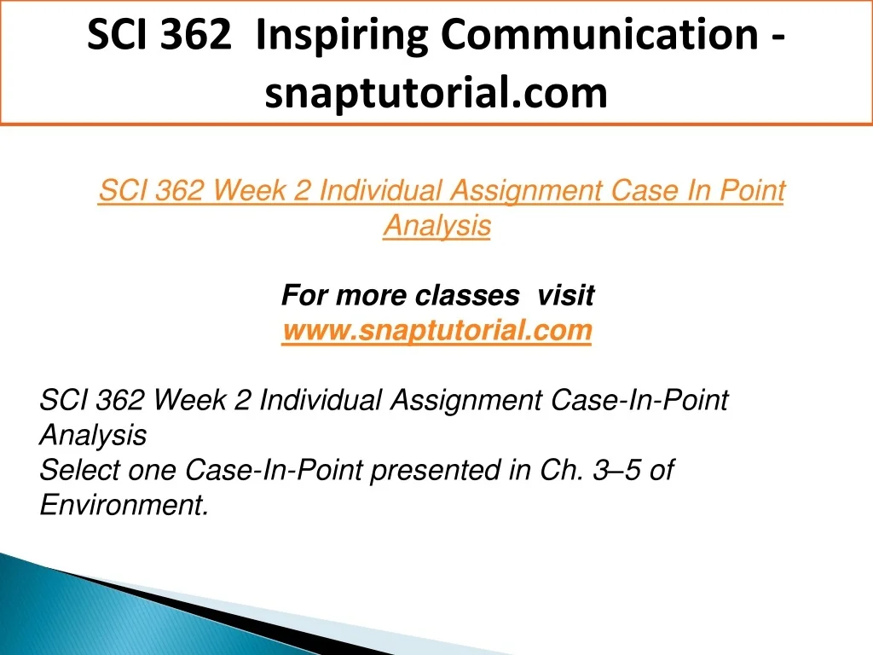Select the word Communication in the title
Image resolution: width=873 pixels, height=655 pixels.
599,34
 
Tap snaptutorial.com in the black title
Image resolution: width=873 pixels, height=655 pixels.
436,93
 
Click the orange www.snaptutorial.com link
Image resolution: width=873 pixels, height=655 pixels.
436,331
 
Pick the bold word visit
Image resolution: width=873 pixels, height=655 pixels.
566,294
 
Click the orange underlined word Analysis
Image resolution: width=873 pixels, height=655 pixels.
437,226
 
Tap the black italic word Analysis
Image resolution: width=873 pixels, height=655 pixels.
93,436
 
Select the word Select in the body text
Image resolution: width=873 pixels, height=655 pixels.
79,470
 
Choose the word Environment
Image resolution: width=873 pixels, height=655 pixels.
124,505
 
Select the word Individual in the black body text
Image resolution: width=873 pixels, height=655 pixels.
321,400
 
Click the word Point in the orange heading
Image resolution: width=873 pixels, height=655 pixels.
752,190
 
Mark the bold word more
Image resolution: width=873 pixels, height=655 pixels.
371,295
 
